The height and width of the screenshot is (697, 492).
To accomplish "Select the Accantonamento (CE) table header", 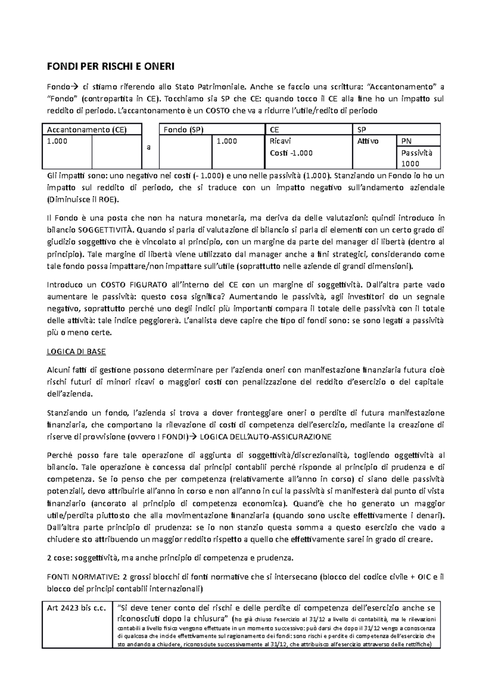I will click(x=87, y=130).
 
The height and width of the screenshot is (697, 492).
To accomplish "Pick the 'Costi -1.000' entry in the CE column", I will click(x=291, y=153).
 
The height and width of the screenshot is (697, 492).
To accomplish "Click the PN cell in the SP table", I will click(x=406, y=141).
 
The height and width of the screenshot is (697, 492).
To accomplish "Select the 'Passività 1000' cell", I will click(x=416, y=158).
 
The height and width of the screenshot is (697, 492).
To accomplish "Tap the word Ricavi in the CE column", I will click(x=280, y=141).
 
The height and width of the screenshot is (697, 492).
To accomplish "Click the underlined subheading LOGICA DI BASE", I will click(x=77, y=351).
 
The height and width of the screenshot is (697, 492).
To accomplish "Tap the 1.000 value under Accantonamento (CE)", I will click(x=57, y=141).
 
